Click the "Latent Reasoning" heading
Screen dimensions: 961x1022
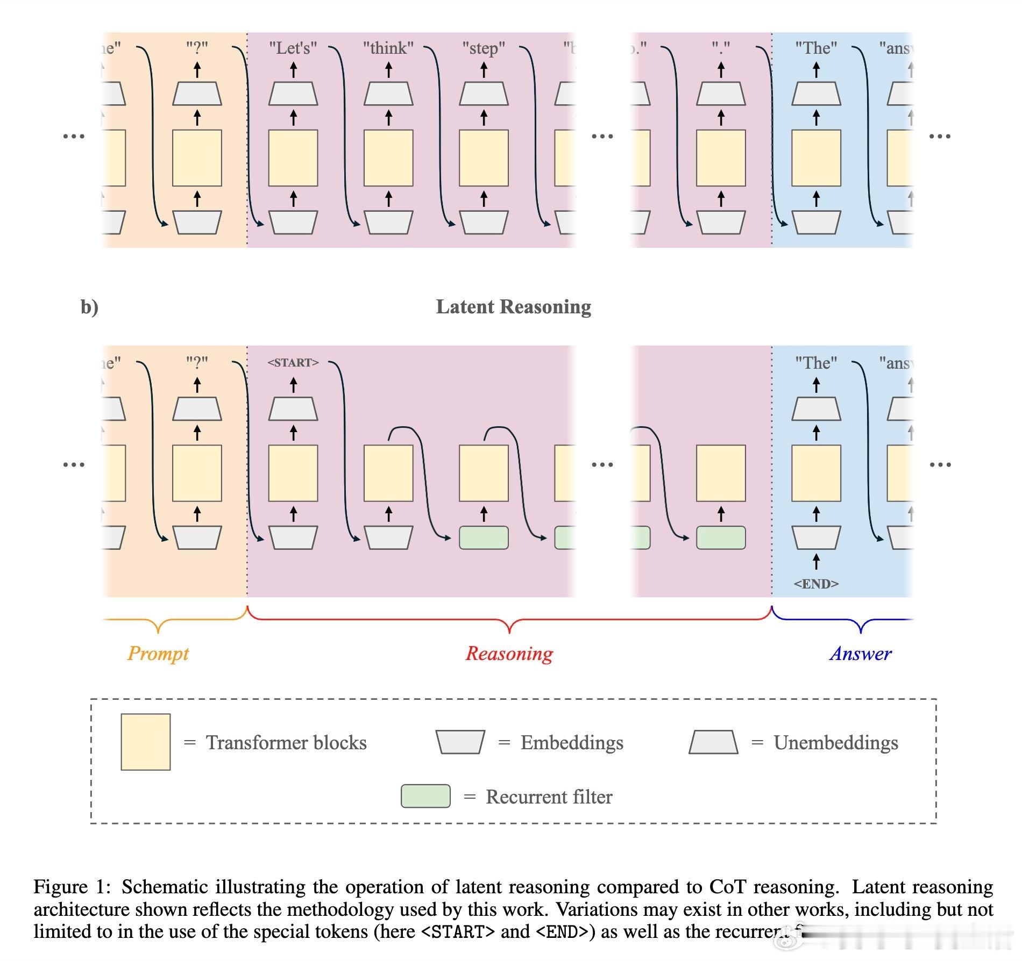coord(513,307)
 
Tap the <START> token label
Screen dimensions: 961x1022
coord(293,363)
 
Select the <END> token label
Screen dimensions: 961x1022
coord(816,584)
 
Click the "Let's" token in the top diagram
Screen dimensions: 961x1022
coord(293,48)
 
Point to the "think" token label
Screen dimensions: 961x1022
coord(388,48)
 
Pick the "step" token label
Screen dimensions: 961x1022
coord(484,48)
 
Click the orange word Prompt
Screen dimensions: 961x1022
coord(158,654)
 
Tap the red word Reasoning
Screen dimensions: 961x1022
coord(509,654)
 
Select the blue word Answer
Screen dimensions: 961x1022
coord(861,654)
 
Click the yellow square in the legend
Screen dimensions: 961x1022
coord(146,742)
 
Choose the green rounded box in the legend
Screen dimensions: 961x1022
coord(425,796)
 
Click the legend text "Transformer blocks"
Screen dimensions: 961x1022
coord(286,743)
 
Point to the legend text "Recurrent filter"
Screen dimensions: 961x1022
coord(549,797)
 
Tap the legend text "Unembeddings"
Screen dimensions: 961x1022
coord(836,743)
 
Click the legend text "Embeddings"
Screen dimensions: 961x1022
coord(572,743)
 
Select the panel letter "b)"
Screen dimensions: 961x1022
coord(89,307)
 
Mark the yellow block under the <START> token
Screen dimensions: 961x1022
coord(293,473)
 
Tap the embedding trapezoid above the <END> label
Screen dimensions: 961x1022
coord(816,537)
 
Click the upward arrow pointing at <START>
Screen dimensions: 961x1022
coord(293,385)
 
